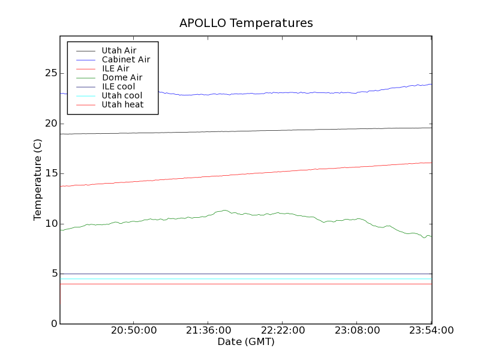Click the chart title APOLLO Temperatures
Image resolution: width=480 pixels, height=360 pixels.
(246, 23)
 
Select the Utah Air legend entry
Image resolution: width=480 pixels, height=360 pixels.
(119, 50)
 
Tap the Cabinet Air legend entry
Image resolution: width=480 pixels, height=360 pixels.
(125, 59)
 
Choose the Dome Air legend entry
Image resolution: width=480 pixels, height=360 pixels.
(122, 77)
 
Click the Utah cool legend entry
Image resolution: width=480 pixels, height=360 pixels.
(122, 95)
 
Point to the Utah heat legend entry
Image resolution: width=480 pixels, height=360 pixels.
(122, 104)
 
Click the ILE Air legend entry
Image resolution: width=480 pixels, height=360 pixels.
(115, 68)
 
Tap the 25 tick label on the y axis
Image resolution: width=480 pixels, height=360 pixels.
(50, 73)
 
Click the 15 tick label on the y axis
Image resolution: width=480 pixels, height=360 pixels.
(50, 173)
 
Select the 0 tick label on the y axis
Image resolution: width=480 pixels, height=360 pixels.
(54, 324)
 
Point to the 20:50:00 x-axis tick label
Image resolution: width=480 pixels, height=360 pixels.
(134, 331)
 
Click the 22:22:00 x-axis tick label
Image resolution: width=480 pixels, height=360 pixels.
(283, 331)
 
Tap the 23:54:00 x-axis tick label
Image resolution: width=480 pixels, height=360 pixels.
(431, 331)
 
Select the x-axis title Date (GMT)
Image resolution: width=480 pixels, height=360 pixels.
(246, 342)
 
